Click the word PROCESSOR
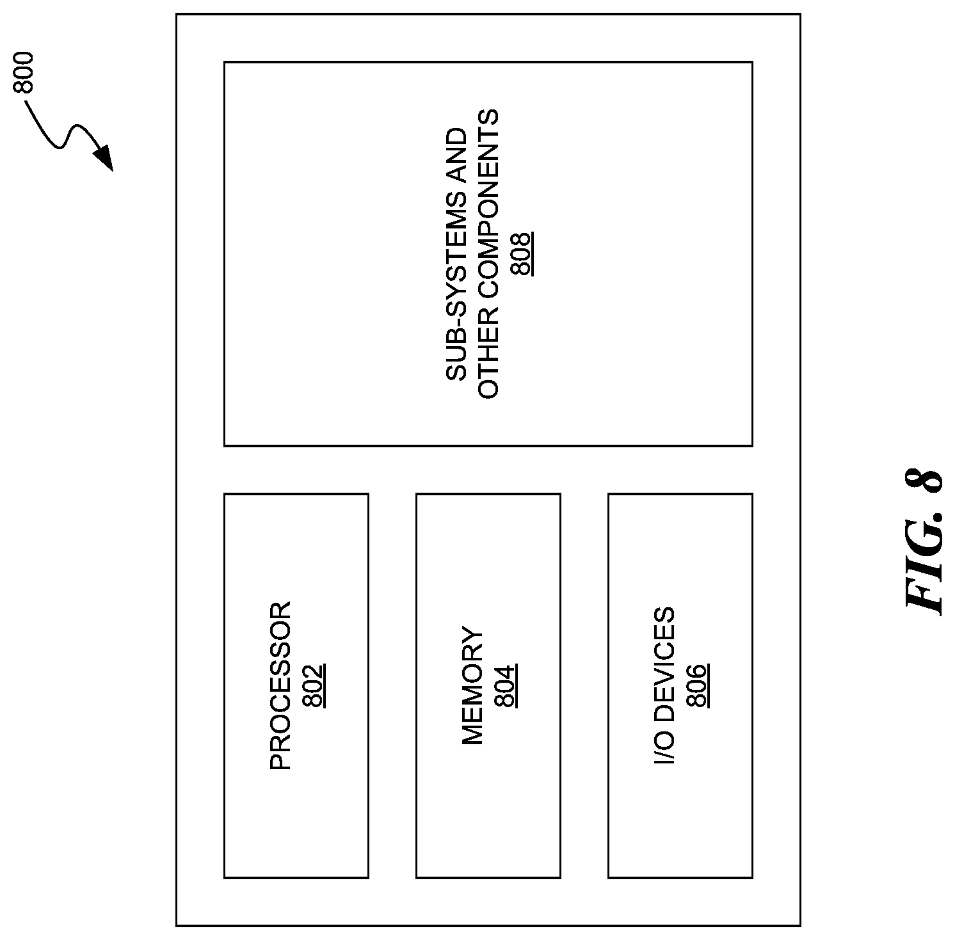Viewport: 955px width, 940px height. (x=280, y=685)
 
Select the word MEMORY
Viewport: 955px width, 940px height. (x=472, y=686)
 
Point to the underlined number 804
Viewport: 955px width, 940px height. (x=506, y=686)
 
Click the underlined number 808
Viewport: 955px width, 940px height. (x=522, y=253)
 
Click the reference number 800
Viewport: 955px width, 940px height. (x=24, y=72)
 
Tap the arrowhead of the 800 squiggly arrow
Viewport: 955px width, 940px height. (x=104, y=159)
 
